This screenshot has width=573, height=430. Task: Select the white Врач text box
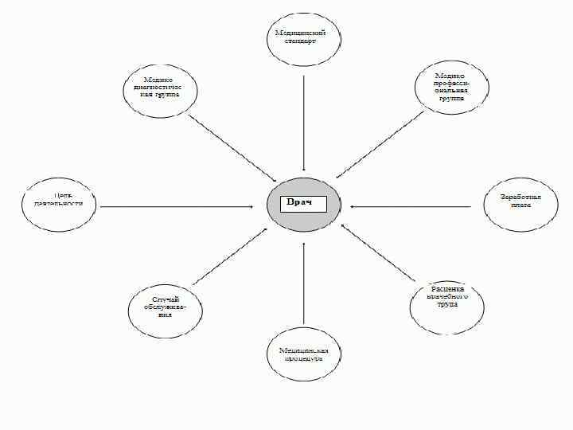coord(303,203)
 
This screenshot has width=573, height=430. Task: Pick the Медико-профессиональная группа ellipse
coord(451,88)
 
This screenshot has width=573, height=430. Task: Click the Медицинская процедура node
coord(304,353)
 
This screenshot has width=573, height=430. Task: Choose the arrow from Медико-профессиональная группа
coord(380,144)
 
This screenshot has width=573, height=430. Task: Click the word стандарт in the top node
coord(300,41)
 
